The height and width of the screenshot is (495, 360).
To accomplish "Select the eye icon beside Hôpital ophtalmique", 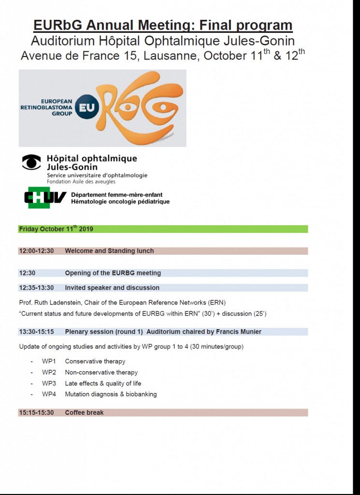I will click(x=32, y=162).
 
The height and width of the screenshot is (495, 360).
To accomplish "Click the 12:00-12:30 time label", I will click(x=36, y=251).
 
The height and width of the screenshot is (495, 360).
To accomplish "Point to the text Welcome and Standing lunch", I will click(x=109, y=251).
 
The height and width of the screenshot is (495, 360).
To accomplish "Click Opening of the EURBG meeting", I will click(x=113, y=273).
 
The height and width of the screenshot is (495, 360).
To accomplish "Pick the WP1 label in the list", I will click(x=49, y=361).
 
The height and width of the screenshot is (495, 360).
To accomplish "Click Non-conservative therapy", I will click(x=101, y=372).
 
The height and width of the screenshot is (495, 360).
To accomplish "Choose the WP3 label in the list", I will click(x=49, y=383).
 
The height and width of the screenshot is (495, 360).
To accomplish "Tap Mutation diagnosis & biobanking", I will click(x=111, y=394).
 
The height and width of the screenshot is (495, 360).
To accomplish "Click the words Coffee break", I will click(x=84, y=412).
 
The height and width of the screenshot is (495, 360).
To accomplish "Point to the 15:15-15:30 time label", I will click(x=36, y=412).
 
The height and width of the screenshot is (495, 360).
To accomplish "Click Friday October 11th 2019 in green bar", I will click(x=56, y=229).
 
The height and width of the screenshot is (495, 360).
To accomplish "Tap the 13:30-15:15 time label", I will click(x=36, y=332).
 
